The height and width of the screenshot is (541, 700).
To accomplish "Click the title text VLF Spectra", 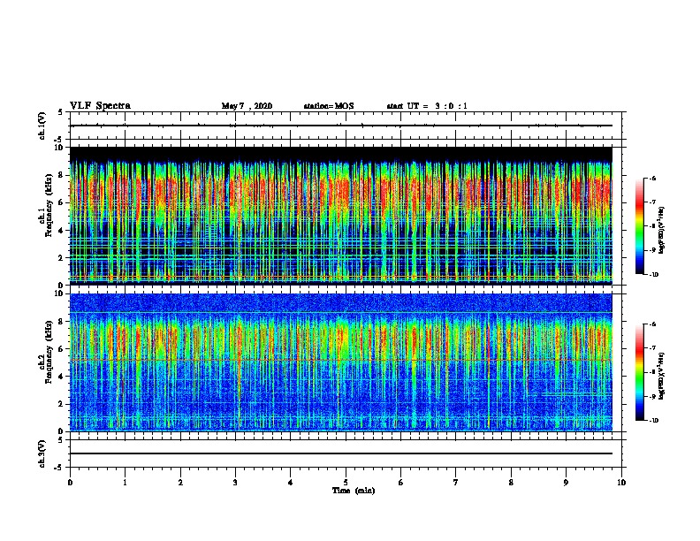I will tap(100, 106).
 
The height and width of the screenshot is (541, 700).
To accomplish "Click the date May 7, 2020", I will tap(247, 106).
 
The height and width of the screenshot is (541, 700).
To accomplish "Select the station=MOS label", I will tap(328, 106).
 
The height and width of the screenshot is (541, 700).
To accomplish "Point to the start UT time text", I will tap(427, 106).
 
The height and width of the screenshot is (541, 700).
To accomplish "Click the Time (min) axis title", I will tap(346, 490).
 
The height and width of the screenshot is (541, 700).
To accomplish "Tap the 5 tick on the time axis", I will tap(346, 482).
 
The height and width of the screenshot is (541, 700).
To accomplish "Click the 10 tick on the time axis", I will tap(622, 482).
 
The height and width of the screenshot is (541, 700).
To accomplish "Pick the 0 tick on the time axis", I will tap(70, 482).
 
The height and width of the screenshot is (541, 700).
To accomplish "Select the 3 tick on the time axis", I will tap(235, 482).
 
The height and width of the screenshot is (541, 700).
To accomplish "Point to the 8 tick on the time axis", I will tap(511, 482).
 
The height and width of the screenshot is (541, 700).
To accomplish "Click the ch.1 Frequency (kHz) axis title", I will tap(46, 217).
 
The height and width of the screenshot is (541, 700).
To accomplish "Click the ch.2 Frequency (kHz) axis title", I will tap(46, 362).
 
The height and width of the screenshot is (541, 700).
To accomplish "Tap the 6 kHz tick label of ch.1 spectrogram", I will tap(61, 203).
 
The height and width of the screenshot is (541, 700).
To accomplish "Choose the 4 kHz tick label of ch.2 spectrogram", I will tap(61, 376).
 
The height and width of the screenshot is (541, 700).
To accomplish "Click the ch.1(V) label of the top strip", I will tap(42, 126).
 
